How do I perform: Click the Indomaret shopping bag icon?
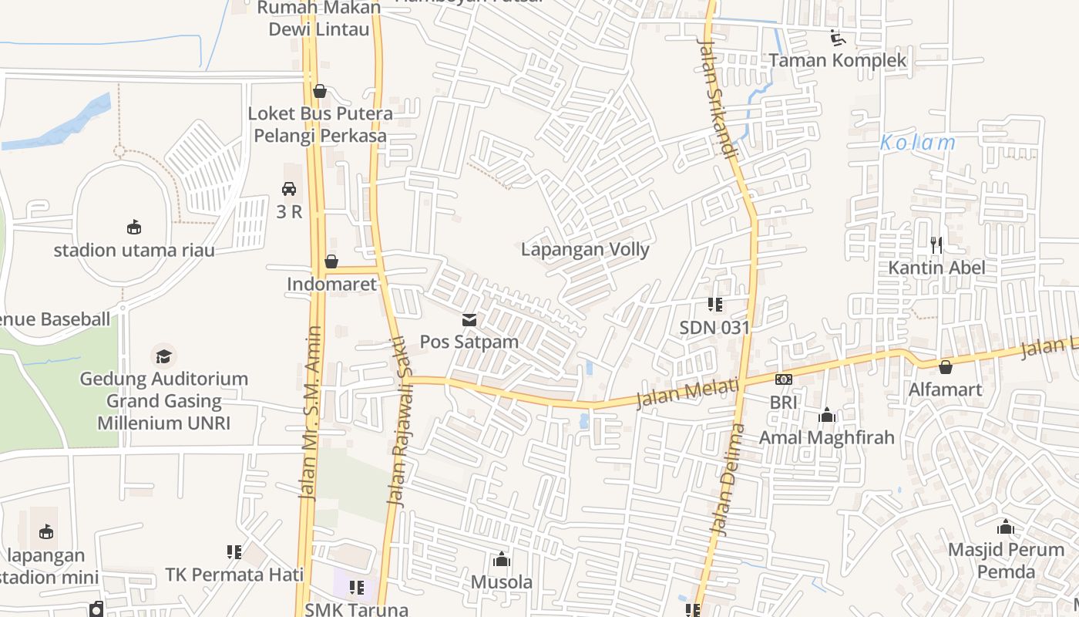tap(331, 261)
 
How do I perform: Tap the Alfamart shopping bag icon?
tap(945, 367)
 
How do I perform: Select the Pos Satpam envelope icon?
tap(469, 320)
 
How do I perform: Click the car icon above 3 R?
tap(289, 188)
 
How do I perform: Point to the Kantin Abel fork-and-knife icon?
tap(936, 245)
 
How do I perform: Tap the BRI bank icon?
tap(783, 379)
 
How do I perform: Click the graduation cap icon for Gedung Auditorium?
tap(163, 356)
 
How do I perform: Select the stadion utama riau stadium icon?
tap(134, 227)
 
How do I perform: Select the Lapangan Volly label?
tap(585, 249)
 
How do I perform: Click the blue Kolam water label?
tap(917, 143)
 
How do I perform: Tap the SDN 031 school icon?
tap(714, 305)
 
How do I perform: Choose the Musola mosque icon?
tap(502, 559)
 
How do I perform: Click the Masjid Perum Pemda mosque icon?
tap(1005, 528)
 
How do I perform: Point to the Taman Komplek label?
tap(838, 60)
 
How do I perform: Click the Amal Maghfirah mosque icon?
tap(827, 416)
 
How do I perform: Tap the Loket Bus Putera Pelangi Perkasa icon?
tap(320, 91)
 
